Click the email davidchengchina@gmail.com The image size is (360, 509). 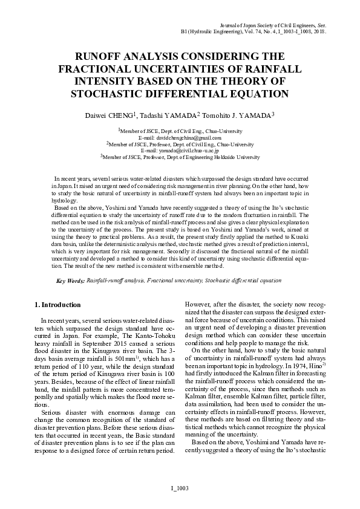(x=180, y=138)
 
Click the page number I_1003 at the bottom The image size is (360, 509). (x=180, y=487)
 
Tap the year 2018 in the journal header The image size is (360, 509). (x=319, y=31)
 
